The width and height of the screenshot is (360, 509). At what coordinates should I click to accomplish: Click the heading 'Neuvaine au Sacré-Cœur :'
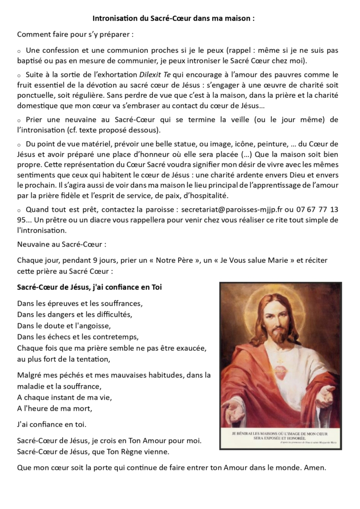click(62, 244)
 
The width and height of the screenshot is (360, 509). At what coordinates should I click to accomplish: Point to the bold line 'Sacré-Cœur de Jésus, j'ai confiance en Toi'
click(90, 287)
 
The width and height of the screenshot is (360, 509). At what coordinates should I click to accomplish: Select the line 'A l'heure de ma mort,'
click(55, 409)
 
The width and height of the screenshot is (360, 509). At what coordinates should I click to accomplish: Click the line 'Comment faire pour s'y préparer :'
click(75, 35)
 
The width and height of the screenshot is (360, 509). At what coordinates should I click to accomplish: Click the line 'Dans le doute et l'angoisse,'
click(64, 326)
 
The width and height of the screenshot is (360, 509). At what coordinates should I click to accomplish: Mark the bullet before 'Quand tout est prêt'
click(19, 210)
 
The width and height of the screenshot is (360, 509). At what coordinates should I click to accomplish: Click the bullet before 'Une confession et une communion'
click(19, 51)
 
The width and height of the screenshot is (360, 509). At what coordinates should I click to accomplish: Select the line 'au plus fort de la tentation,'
click(64, 359)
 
